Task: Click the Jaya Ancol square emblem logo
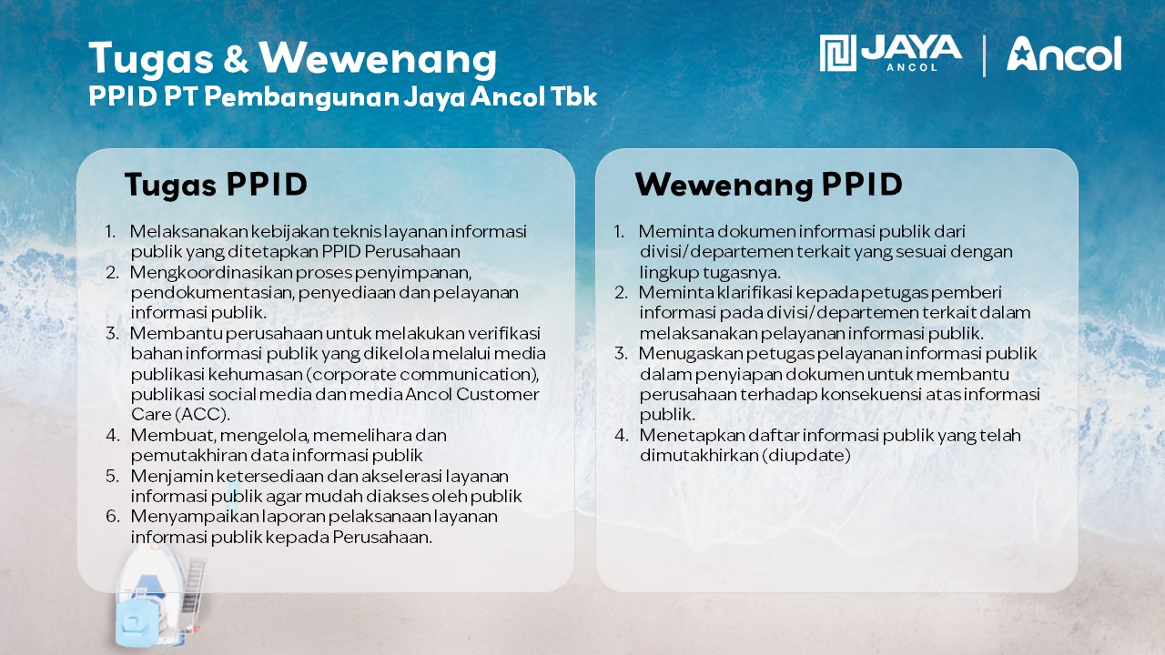[837, 53]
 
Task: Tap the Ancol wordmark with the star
[1064, 54]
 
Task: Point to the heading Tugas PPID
[216, 185]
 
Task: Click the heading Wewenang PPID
[769, 185]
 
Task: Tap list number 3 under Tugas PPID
[112, 333]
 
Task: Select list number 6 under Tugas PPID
[112, 516]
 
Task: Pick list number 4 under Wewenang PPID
[621, 435]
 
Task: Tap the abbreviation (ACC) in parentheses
[202, 415]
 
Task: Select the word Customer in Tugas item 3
[497, 395]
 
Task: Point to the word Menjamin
[172, 476]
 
